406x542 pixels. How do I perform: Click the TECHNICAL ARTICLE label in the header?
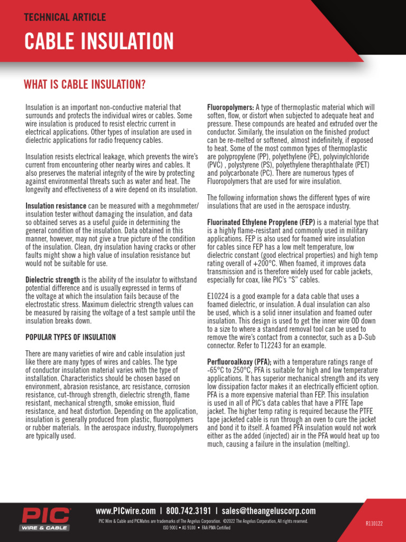65,17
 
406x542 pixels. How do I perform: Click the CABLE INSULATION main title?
99,41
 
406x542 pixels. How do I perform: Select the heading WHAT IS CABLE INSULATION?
85,85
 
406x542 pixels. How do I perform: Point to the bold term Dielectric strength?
53,279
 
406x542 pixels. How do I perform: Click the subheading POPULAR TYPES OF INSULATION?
71,337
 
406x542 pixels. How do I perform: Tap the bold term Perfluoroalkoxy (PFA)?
238,362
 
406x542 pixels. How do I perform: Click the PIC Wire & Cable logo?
45,519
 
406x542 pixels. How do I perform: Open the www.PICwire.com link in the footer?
126,511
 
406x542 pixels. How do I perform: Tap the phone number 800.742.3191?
189,511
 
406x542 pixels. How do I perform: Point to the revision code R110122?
374,523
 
